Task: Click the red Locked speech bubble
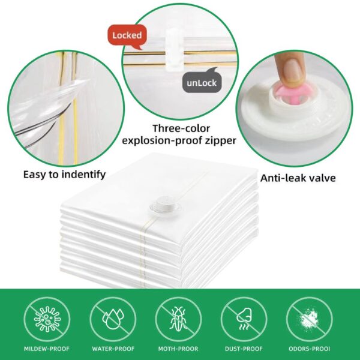click(127, 36)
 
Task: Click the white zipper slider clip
click(175, 49)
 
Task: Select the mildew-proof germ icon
click(47, 319)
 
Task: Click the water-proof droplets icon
click(113, 319)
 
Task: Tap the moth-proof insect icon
click(178, 319)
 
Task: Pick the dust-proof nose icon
click(244, 319)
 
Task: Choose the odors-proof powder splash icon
click(309, 319)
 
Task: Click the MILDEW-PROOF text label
click(47, 349)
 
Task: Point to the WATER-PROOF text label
click(113, 349)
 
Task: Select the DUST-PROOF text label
click(244, 349)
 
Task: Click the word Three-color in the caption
click(181, 128)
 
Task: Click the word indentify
click(84, 175)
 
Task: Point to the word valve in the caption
click(324, 178)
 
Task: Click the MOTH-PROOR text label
click(178, 349)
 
